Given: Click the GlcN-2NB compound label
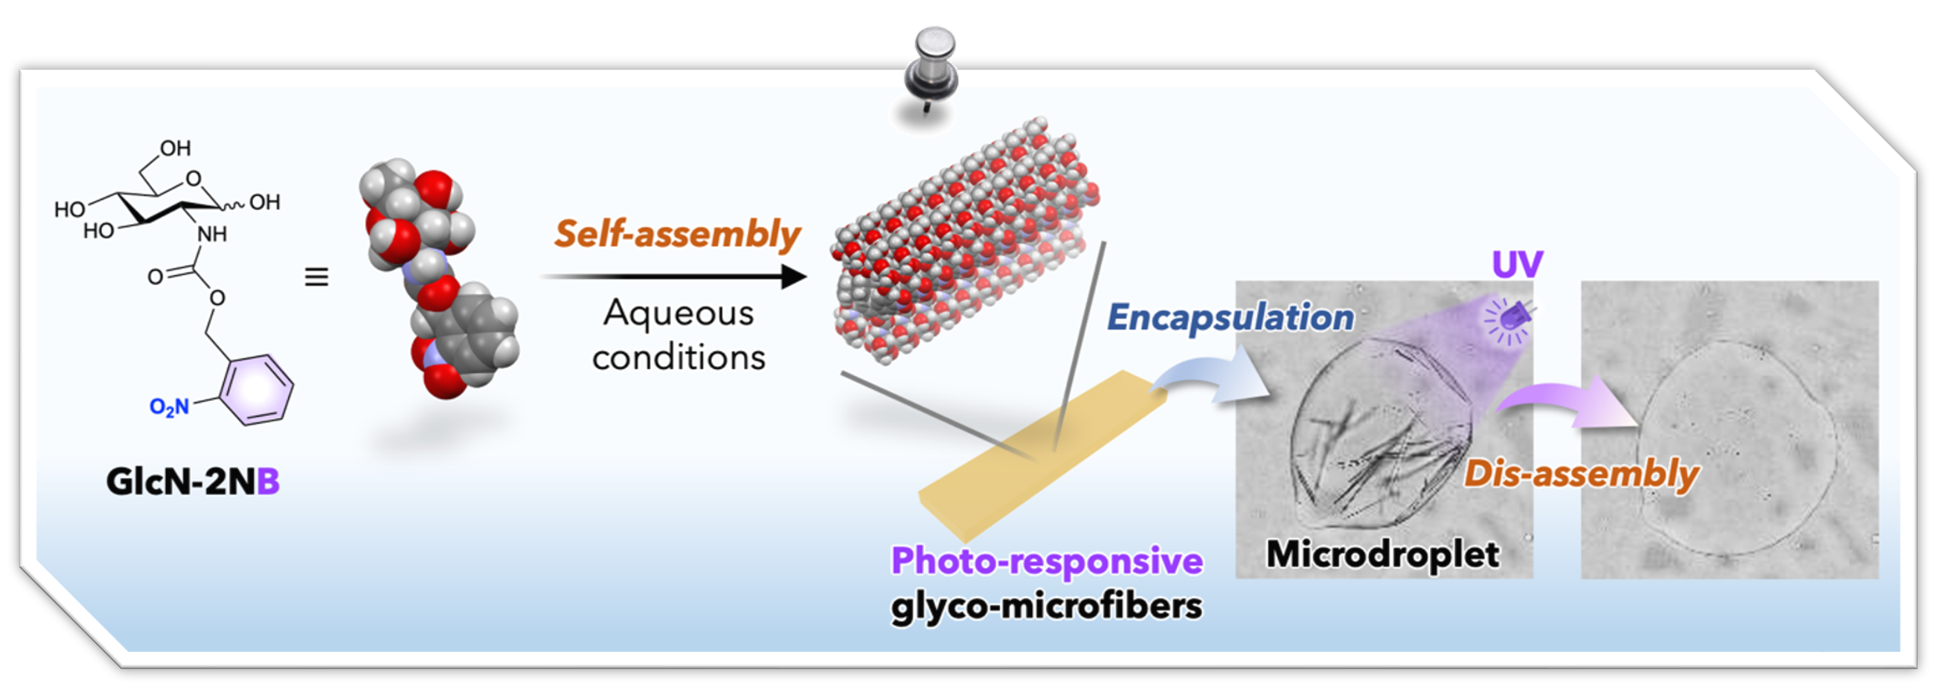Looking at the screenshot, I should click(x=193, y=481).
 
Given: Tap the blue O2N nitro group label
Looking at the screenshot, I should click(x=169, y=407).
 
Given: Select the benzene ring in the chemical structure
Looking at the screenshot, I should click(x=256, y=389).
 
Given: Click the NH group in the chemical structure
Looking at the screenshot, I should click(x=212, y=234).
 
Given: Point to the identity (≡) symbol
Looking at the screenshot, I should click(x=316, y=277).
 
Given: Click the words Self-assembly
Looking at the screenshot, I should click(x=677, y=233).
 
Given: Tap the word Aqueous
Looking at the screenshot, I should click(x=678, y=313).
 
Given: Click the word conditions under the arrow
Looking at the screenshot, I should click(x=678, y=358).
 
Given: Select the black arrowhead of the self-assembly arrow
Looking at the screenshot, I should click(x=794, y=277).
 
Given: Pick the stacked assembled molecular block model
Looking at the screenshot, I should click(x=963, y=243).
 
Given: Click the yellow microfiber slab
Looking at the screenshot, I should click(x=1041, y=454).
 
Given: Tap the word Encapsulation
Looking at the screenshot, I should click(x=1230, y=317).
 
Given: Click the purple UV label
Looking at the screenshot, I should click(x=1517, y=264).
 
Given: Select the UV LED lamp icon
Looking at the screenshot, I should click(x=1512, y=320).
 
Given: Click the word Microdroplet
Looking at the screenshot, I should click(x=1382, y=554).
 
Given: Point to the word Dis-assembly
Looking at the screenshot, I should click(x=1582, y=474).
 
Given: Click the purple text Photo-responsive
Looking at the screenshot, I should click(x=1047, y=561).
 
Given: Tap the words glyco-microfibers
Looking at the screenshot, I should click(x=1047, y=606).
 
